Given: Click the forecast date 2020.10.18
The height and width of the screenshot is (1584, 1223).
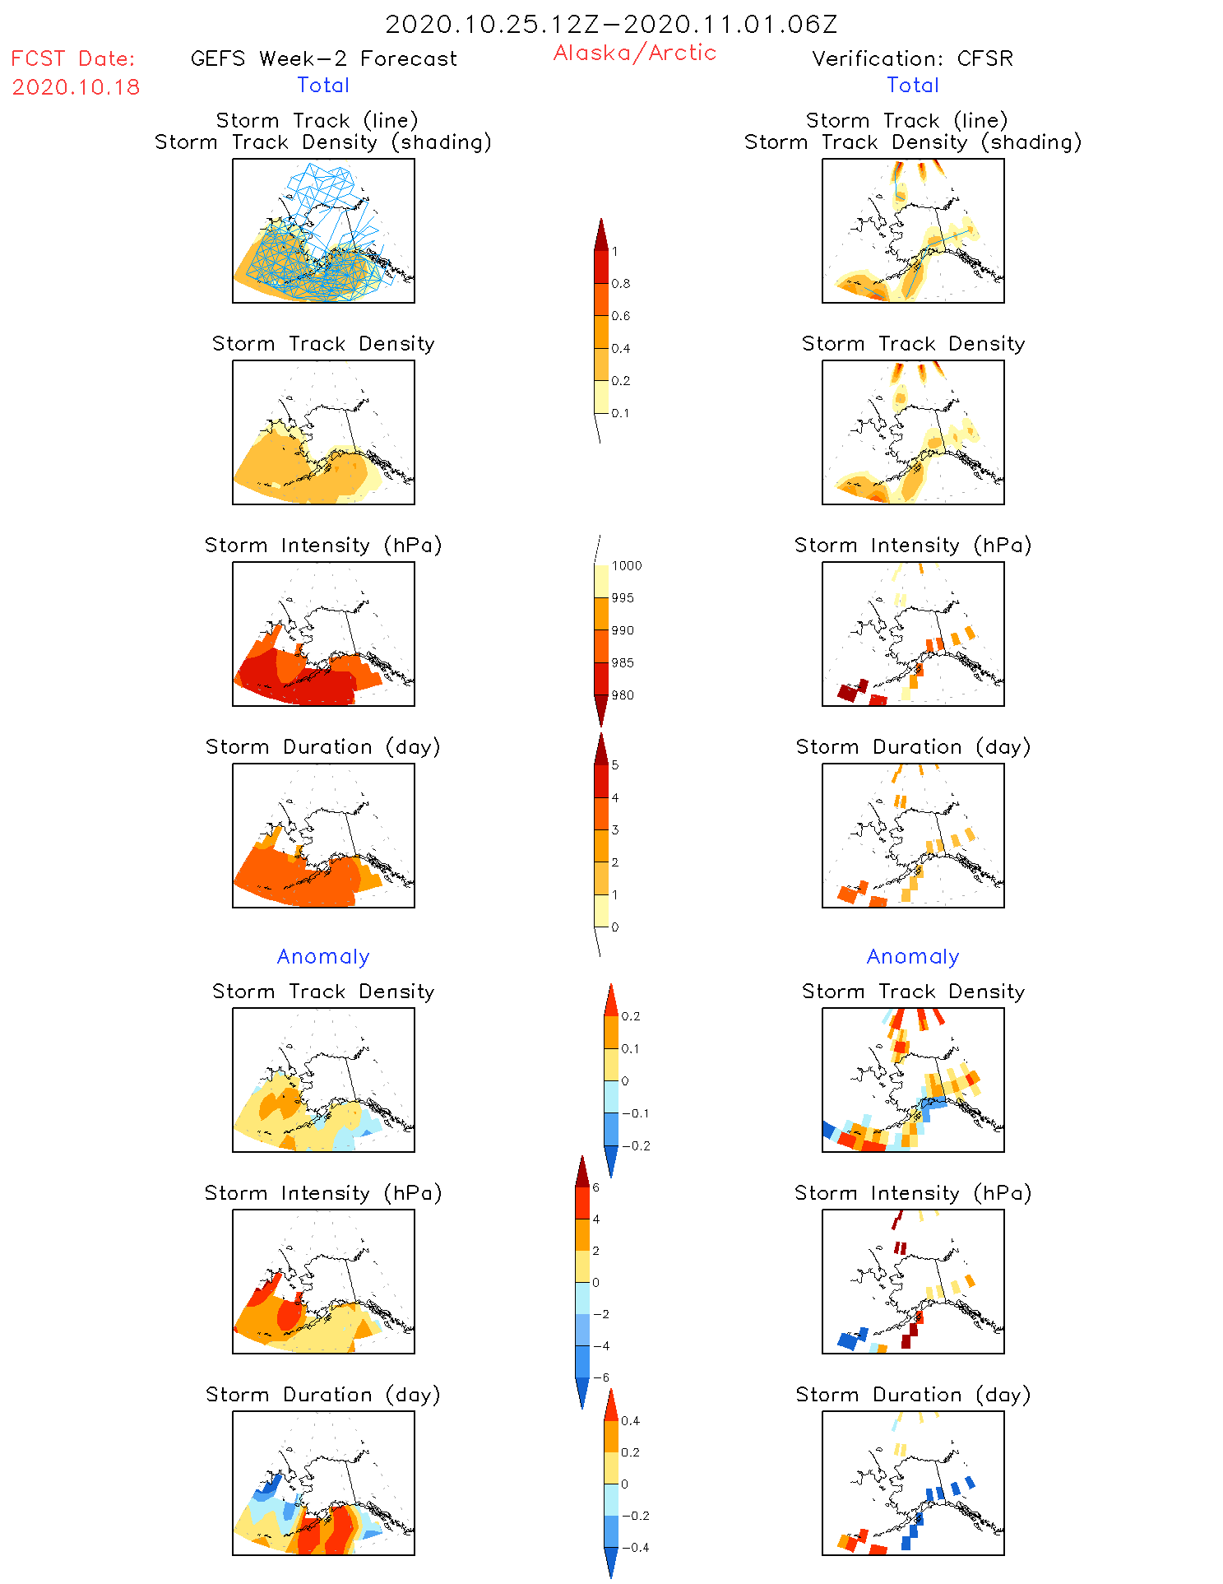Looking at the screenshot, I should point(76,87).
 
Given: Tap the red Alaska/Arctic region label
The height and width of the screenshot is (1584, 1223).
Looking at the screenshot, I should point(634,53).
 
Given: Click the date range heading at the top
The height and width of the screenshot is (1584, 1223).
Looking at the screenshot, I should point(611,24).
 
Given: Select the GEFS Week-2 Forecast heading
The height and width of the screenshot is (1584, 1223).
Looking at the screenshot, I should point(323,58).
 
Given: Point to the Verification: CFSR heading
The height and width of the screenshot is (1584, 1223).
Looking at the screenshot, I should point(912,58).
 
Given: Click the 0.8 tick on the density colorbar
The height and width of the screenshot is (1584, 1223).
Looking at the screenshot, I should point(621,284).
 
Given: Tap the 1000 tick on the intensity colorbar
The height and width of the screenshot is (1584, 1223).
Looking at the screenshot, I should point(626,566).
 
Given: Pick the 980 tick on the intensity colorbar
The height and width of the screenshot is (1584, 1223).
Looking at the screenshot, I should point(623,695).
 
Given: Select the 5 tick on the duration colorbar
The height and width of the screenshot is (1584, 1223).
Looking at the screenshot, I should point(614,765).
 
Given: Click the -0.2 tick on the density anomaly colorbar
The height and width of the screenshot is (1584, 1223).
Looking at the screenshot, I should point(635,1146).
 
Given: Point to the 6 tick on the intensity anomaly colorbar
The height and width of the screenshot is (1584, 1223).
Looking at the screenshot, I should point(595,1187).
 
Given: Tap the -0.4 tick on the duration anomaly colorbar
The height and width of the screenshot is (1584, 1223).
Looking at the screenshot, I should point(635,1548).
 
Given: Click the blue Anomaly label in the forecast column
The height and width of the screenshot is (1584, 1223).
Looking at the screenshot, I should point(323,957).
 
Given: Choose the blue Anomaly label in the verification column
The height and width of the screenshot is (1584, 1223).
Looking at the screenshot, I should point(913,957).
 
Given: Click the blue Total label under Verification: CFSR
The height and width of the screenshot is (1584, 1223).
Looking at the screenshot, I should point(913,85).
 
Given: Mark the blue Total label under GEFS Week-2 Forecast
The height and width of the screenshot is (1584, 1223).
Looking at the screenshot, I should point(323,85).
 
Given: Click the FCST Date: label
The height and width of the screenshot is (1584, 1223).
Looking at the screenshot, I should point(72,58).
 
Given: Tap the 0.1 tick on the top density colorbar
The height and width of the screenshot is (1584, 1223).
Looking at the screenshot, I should point(621,413).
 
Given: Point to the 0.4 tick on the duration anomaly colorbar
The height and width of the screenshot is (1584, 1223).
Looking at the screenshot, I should point(630,1421).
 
